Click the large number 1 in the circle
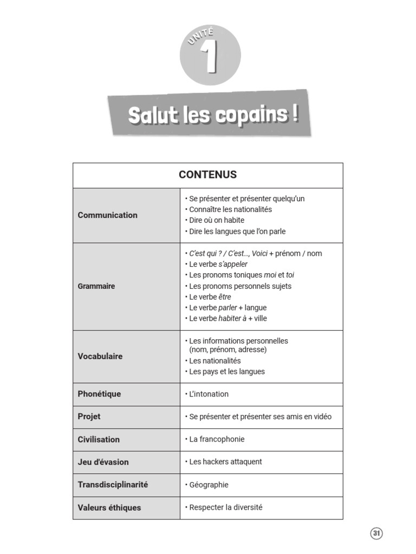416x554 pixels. click(210, 58)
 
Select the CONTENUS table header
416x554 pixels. click(207, 175)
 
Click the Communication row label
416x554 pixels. click(107, 215)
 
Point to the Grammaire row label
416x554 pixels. click(96, 286)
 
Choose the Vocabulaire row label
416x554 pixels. click(100, 357)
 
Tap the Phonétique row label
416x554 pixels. click(99, 394)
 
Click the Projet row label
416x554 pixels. click(89, 417)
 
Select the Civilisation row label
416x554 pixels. click(99, 439)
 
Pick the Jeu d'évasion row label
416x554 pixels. click(103, 462)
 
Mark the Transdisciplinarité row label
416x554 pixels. click(113, 485)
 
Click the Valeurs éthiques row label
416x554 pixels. click(109, 507)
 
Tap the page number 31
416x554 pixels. click(376, 533)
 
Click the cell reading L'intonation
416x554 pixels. click(208, 394)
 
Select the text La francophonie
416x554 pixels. click(216, 439)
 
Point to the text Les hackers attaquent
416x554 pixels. click(225, 462)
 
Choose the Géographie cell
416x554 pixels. click(209, 485)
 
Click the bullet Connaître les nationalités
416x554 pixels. click(230, 209)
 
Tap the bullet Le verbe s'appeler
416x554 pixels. click(218, 264)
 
